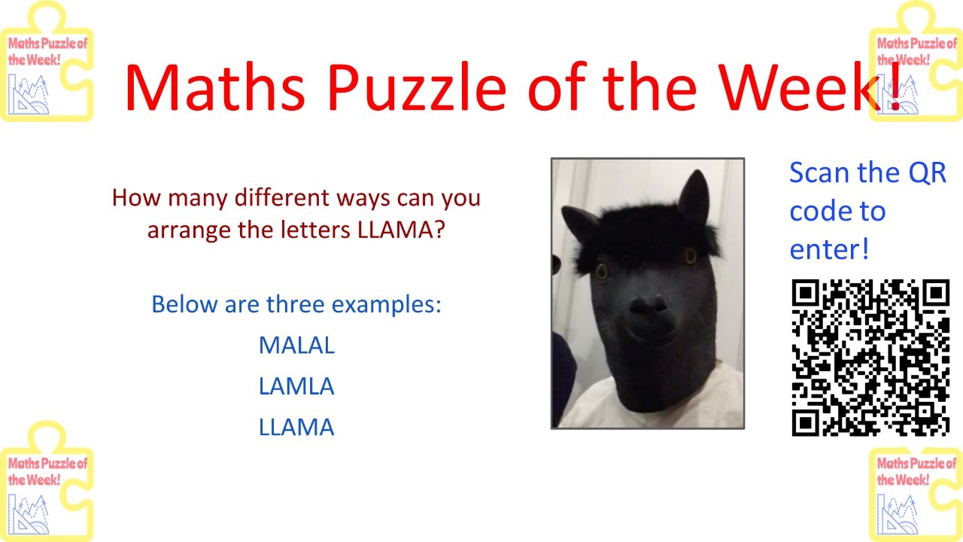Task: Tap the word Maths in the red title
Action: pos(215,87)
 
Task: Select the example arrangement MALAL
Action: pos(296,345)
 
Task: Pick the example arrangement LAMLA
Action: pos(296,386)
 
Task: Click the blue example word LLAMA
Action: pos(296,427)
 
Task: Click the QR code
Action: pos(870,358)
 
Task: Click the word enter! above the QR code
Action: pos(829,249)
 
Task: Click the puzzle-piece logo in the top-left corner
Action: pos(47,61)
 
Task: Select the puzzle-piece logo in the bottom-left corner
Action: pos(47,481)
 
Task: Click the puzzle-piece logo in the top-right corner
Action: pos(916,61)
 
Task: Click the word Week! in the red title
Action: pos(811,87)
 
